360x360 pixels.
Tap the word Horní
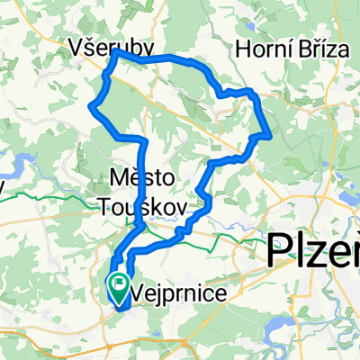(262, 49)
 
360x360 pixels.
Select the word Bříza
(320, 49)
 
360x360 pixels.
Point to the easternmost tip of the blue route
(271, 135)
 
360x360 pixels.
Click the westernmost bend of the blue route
(89, 108)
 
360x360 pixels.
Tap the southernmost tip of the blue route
(121, 309)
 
